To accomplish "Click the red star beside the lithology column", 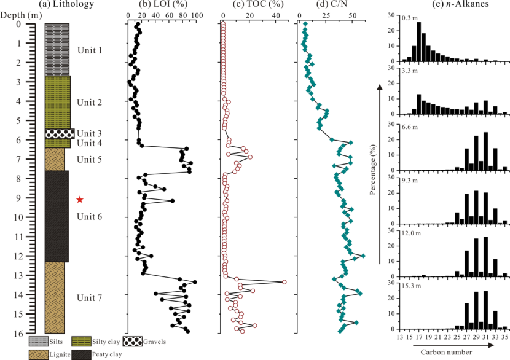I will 79,199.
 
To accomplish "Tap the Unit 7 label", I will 90,298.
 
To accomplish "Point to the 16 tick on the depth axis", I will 24,334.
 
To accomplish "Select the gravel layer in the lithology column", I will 59,133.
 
